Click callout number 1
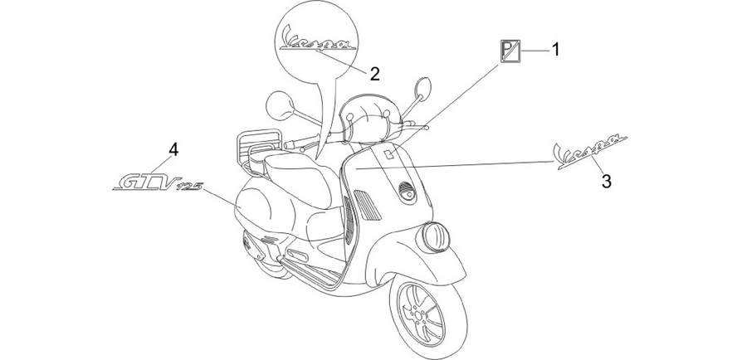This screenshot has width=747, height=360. (x=555, y=49)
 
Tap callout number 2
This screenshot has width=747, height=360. (x=375, y=74)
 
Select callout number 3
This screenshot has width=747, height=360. (x=606, y=181)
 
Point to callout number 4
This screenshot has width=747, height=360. (x=173, y=150)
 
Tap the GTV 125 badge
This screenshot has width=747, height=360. (x=157, y=182)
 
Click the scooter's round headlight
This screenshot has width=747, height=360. (x=433, y=237)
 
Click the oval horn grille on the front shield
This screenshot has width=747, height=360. (x=407, y=192)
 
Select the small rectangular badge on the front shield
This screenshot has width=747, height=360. (x=388, y=153)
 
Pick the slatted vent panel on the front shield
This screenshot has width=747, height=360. (x=368, y=205)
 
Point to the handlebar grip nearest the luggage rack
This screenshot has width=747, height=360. (x=295, y=143)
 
